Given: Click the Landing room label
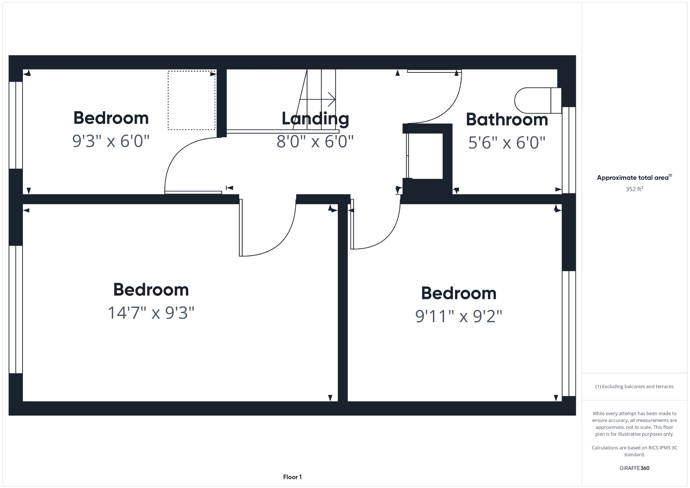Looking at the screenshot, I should [315, 118].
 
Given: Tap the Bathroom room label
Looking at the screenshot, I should [507, 120].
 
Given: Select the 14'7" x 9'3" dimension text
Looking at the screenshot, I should [151, 313].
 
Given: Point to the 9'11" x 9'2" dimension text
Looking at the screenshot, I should [459, 316].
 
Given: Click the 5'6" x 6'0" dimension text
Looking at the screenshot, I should [507, 143].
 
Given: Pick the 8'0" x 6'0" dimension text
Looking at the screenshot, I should [315, 141].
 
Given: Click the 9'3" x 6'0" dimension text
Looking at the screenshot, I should [111, 141].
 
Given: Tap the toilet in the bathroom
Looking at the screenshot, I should [537, 100].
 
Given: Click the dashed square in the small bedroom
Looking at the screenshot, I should [191, 100].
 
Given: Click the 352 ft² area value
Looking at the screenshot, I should [634, 189].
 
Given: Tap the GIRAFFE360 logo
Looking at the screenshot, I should [634, 468].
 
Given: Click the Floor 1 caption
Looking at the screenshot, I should [292, 477].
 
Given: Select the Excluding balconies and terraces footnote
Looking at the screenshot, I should [634, 387].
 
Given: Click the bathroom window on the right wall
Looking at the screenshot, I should [569, 150].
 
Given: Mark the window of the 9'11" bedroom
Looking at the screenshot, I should [569, 333].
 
